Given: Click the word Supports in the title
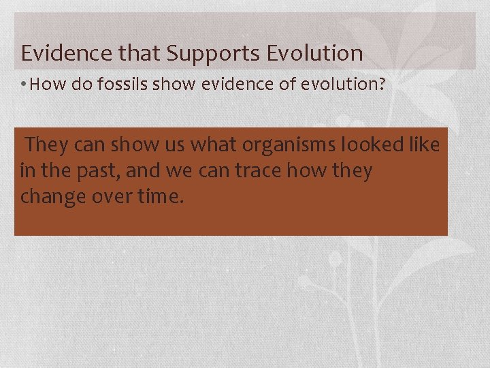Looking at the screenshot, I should (x=210, y=52).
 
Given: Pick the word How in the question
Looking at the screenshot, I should (x=45, y=85).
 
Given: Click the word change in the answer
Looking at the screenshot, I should (x=52, y=197).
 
